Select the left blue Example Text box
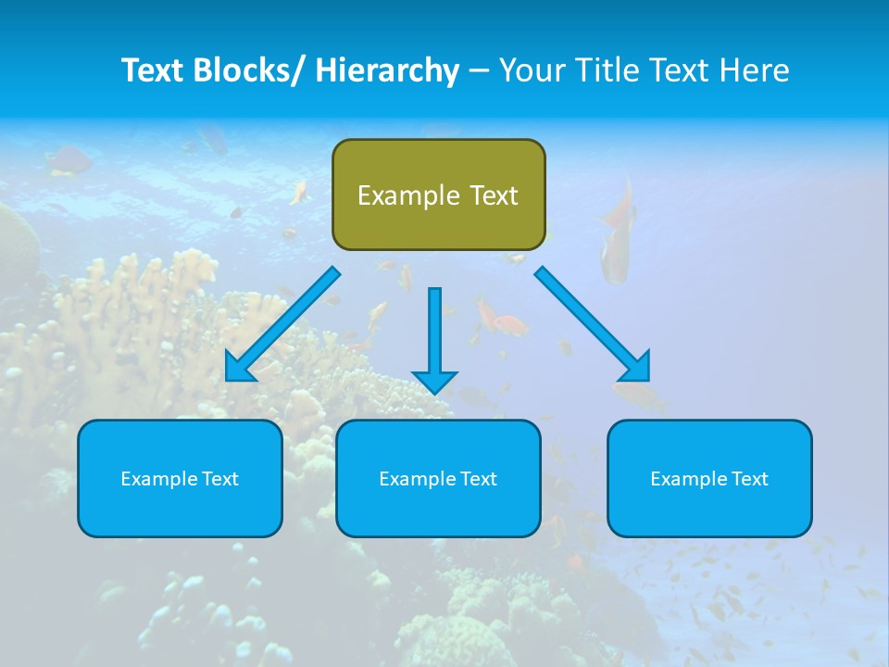tap(180, 479)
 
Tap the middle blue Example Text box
tap(438, 479)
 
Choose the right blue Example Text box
tap(709, 479)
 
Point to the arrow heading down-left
tap(282, 324)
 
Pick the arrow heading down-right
tap(593, 324)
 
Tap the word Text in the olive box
tap(493, 196)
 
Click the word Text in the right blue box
tap(749, 479)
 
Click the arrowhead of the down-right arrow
tap(638, 369)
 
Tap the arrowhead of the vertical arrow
tap(435, 381)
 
